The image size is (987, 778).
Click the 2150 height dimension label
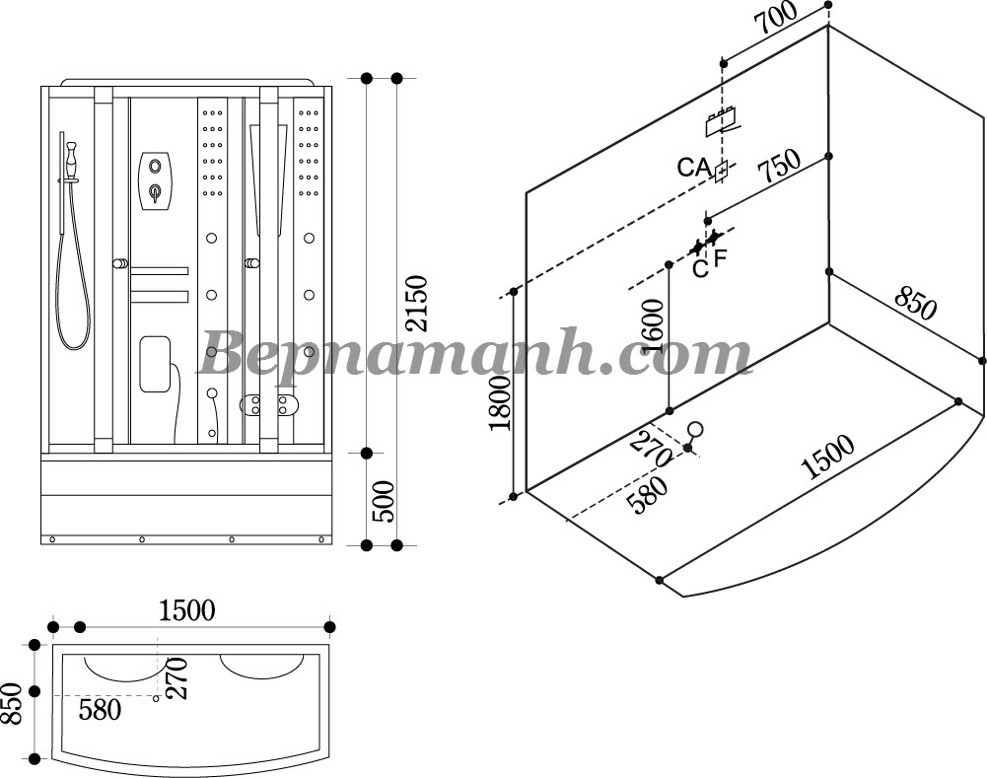pyautogui.click(x=417, y=304)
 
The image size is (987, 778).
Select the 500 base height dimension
pyautogui.click(x=383, y=502)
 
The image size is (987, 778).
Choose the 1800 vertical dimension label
pyautogui.click(x=502, y=403)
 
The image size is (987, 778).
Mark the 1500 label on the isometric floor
pyautogui.click(x=827, y=457)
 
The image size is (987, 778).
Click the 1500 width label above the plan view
pyautogui.click(x=186, y=610)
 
